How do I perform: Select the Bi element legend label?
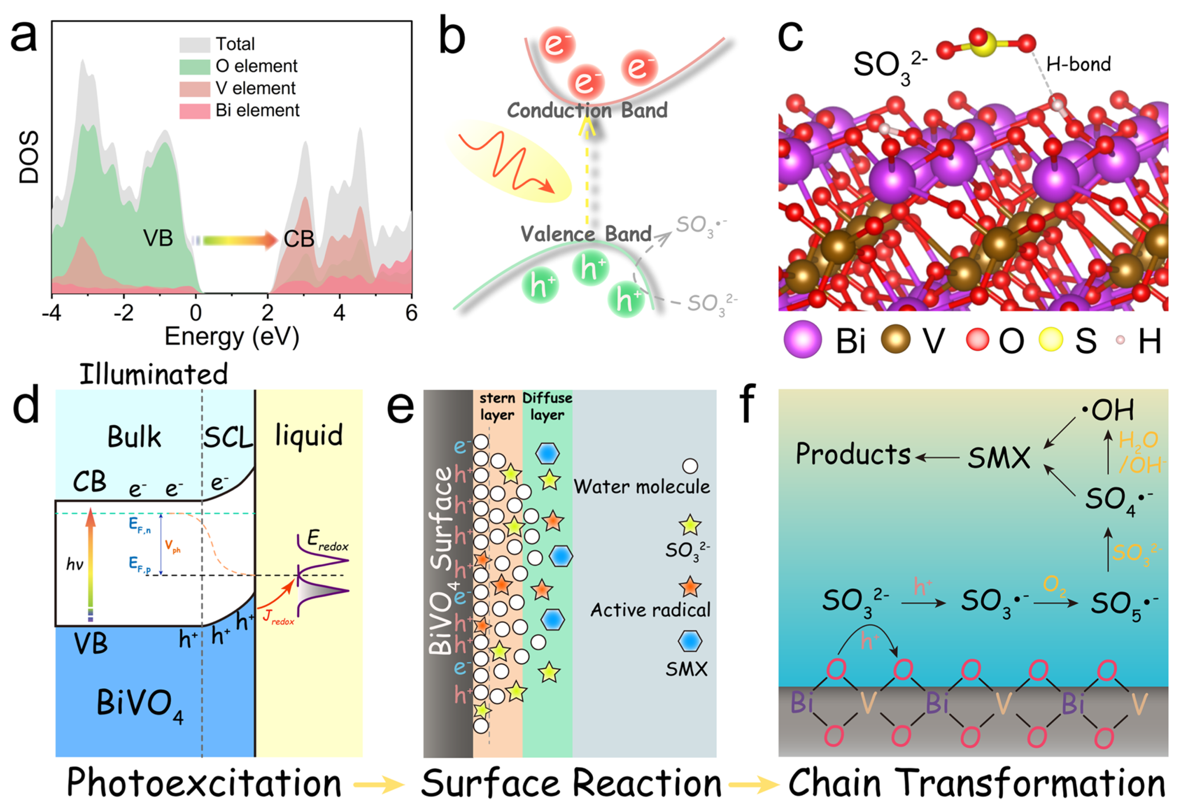(x=257, y=110)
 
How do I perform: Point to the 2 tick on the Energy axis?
(x=268, y=312)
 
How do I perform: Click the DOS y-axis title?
(x=29, y=157)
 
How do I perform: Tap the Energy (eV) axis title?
(x=232, y=337)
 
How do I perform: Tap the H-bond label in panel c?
(x=1078, y=65)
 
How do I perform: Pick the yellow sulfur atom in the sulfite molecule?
(x=983, y=45)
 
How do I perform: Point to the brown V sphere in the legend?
(x=895, y=339)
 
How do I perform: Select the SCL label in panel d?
(x=228, y=437)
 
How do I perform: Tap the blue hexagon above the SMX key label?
(x=690, y=641)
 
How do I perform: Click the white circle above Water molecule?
(x=690, y=466)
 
